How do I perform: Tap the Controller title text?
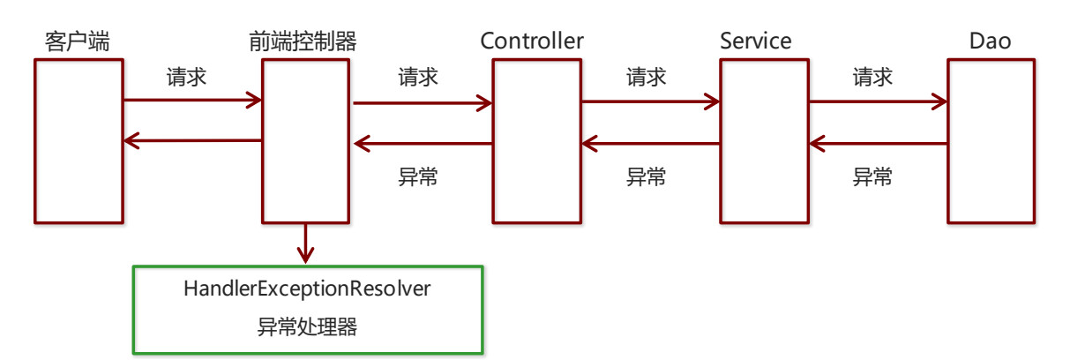[x=532, y=41]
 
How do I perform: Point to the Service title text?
[x=755, y=41]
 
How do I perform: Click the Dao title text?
[x=989, y=41]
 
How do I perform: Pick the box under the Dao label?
[x=991, y=141]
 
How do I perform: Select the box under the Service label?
[x=764, y=141]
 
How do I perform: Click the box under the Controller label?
[x=537, y=141]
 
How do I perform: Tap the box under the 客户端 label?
[x=79, y=141]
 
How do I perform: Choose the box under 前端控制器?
[x=305, y=141]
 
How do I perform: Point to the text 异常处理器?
[x=307, y=327]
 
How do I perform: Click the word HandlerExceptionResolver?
[x=307, y=289]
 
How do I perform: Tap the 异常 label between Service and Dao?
[x=873, y=176]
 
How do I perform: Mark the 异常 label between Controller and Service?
[x=647, y=176]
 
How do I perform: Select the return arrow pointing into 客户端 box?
[x=192, y=140]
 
